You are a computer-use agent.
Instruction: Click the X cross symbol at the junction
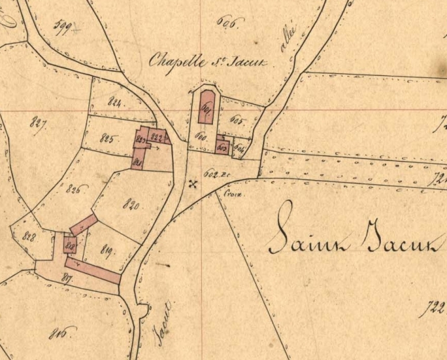(x=193, y=184)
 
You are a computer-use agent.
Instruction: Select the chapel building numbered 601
(x=206, y=107)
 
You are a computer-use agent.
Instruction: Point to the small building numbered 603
(x=221, y=146)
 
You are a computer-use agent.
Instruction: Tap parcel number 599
(x=65, y=28)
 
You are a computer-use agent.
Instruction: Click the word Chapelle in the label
(x=171, y=62)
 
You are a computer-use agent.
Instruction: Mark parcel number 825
(x=108, y=137)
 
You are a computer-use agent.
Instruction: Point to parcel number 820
(x=131, y=205)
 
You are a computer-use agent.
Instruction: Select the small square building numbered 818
(x=70, y=245)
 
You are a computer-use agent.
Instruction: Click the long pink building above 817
(x=92, y=271)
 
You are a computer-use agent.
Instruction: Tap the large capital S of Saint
(x=282, y=229)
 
